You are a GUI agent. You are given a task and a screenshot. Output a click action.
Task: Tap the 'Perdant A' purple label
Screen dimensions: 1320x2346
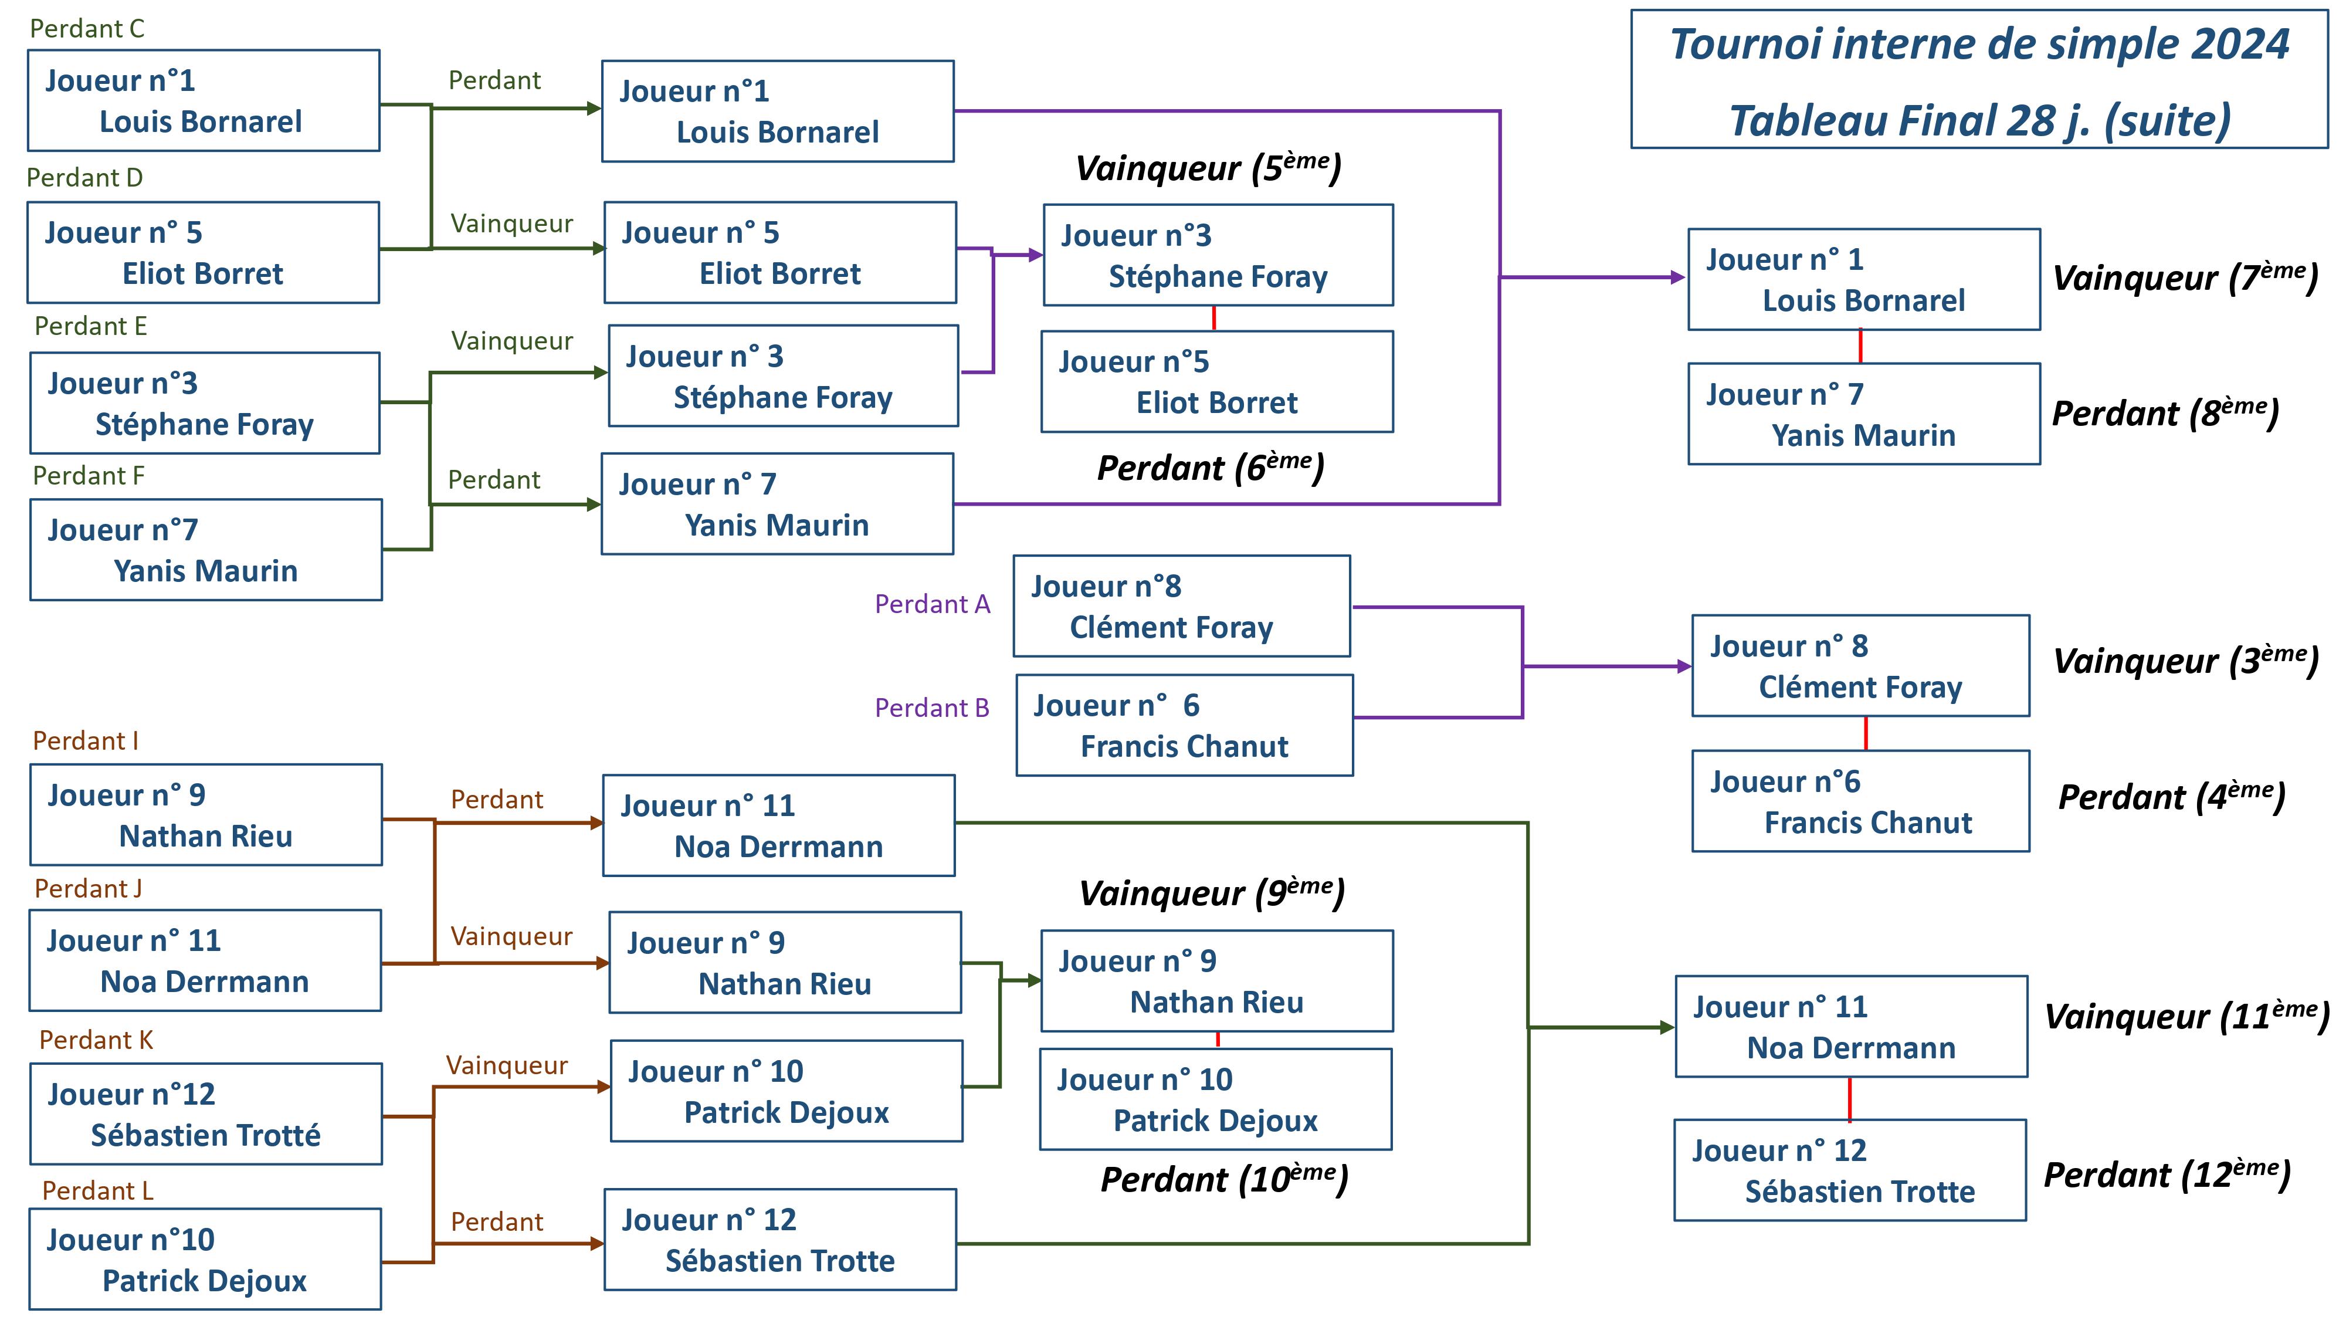point(932,604)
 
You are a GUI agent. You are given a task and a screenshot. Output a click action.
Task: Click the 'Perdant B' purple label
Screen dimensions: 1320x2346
point(932,708)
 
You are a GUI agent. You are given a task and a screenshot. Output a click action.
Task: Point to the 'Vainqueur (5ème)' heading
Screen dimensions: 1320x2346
point(1208,168)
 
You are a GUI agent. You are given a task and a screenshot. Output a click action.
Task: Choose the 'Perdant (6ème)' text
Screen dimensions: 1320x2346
point(1209,468)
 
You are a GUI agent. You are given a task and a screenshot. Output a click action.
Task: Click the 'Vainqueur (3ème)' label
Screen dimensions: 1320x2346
point(2185,661)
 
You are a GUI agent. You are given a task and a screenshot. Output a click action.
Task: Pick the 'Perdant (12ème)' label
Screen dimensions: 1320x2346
point(2167,1175)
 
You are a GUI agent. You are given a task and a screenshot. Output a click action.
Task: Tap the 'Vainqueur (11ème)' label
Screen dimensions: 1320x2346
point(2185,1016)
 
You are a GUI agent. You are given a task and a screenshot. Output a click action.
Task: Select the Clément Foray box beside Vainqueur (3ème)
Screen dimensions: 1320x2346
point(1860,666)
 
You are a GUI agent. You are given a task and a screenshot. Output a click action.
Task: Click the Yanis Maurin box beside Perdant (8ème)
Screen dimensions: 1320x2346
point(1863,415)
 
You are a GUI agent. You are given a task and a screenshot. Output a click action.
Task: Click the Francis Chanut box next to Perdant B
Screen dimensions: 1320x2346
point(1184,725)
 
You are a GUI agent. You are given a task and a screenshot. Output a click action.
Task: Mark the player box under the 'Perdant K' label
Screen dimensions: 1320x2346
point(206,1113)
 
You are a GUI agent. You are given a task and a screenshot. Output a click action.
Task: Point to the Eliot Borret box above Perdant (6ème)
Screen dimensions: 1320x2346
point(1217,382)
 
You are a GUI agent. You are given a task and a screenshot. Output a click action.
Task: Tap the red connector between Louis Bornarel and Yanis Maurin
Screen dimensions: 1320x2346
point(1860,346)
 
